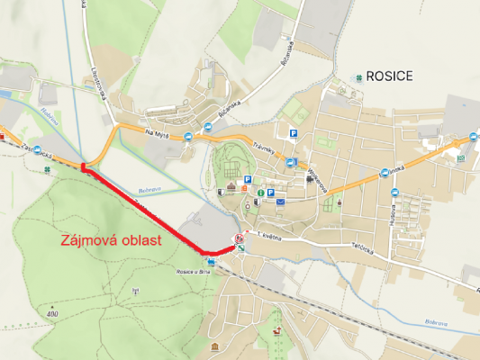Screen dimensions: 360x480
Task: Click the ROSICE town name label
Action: click(x=389, y=76)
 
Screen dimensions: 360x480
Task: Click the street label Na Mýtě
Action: click(x=156, y=133)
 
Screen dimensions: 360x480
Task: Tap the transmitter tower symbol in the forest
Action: click(x=134, y=291)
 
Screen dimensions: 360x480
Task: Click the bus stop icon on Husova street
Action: click(x=394, y=191)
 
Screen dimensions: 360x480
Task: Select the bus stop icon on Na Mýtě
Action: click(x=187, y=137)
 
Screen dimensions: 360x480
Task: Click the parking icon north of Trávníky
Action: click(x=292, y=134)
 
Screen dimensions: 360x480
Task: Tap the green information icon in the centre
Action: click(x=260, y=192)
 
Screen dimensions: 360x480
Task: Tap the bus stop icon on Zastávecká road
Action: click(x=2, y=137)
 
